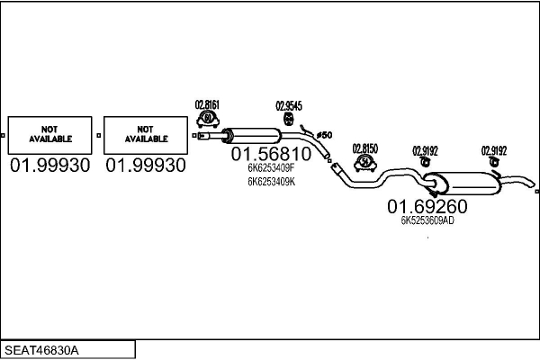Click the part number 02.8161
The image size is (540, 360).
tap(207, 104)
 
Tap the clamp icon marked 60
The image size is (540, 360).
tap(208, 119)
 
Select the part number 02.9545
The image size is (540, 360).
tap(289, 106)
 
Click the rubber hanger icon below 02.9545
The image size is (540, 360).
tap(288, 119)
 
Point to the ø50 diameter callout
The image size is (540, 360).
tap(324, 135)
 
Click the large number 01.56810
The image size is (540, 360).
tap(271, 154)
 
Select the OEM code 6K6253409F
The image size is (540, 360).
tap(271, 167)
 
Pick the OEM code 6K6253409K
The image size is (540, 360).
tap(271, 182)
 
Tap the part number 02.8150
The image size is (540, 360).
tap(365, 148)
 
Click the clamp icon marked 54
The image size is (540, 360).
tap(365, 163)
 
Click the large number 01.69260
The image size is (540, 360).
tap(427, 206)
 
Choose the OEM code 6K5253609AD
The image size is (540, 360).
tap(427, 220)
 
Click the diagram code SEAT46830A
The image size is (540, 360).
tap(41, 350)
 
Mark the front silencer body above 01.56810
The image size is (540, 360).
tap(254, 136)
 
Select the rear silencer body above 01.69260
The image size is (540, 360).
tap(464, 183)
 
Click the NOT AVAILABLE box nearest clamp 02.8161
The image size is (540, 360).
tap(146, 135)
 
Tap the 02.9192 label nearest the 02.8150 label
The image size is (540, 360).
tap(425, 151)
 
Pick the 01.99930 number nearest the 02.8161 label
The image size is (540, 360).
tap(146, 166)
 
